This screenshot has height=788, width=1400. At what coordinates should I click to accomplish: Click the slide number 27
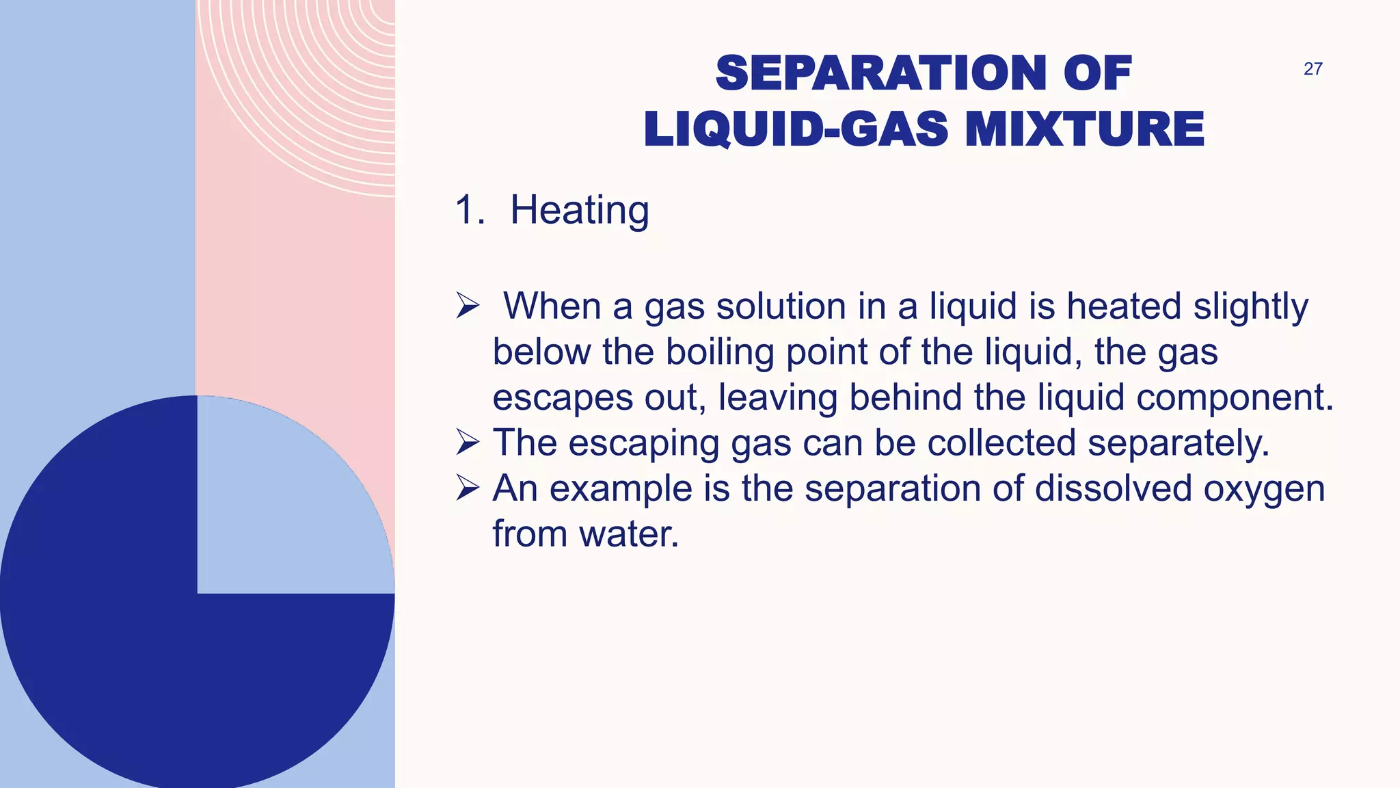click(x=1312, y=69)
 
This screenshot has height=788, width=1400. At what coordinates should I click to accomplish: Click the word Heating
click(x=580, y=210)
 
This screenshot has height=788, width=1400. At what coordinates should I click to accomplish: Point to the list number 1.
click(x=468, y=210)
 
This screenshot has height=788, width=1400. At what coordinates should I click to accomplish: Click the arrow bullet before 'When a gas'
click(x=468, y=306)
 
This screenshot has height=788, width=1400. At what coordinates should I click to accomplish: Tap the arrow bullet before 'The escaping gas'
click(x=468, y=443)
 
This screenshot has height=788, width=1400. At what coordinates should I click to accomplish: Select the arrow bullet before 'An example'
click(x=468, y=488)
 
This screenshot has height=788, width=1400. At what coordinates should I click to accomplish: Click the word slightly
click(x=1250, y=306)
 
